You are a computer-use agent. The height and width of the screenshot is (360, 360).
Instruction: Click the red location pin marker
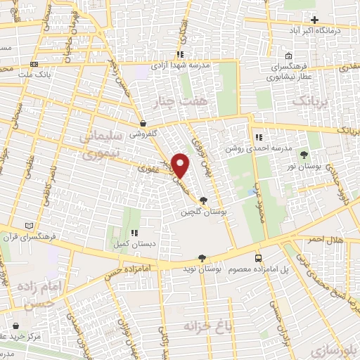(x=181, y=165)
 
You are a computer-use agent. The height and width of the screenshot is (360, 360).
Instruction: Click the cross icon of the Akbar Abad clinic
(x=315, y=20)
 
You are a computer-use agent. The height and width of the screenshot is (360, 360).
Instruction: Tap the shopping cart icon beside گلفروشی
(x=143, y=122)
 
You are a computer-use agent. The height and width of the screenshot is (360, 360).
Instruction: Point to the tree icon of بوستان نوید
(x=202, y=259)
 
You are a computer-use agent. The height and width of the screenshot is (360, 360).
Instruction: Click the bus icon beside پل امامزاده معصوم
(x=259, y=259)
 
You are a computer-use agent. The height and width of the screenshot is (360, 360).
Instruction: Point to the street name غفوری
(x=150, y=169)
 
